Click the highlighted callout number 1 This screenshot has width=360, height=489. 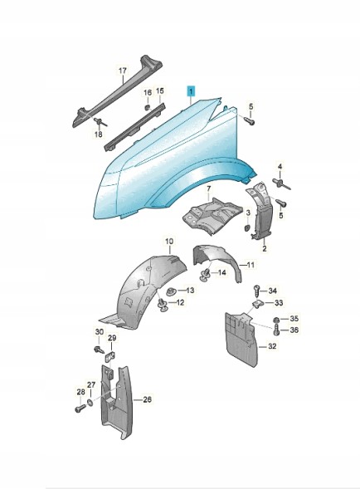(x=191, y=91)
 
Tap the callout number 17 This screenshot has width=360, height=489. (x=123, y=71)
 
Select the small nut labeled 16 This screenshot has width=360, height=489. (x=148, y=107)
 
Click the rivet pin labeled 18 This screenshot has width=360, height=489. (x=100, y=121)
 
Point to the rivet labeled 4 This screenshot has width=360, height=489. (x=281, y=183)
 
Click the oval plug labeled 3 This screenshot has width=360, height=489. (x=246, y=227)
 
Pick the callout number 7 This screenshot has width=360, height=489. (x=208, y=188)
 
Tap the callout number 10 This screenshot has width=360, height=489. (x=169, y=241)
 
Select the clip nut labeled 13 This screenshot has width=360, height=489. (x=171, y=291)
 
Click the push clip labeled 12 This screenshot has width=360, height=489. (x=163, y=305)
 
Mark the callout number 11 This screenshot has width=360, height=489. (x=251, y=265)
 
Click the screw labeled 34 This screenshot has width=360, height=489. (x=257, y=291)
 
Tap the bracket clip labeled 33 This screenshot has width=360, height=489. (x=258, y=304)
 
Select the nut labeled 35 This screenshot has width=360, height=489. (x=276, y=320)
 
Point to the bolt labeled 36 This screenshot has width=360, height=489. (x=276, y=330)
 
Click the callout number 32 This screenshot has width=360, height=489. (x=272, y=346)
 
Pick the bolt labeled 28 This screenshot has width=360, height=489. (x=80, y=408)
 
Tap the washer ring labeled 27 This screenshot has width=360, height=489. (x=90, y=403)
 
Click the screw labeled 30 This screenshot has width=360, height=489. (x=98, y=349)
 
